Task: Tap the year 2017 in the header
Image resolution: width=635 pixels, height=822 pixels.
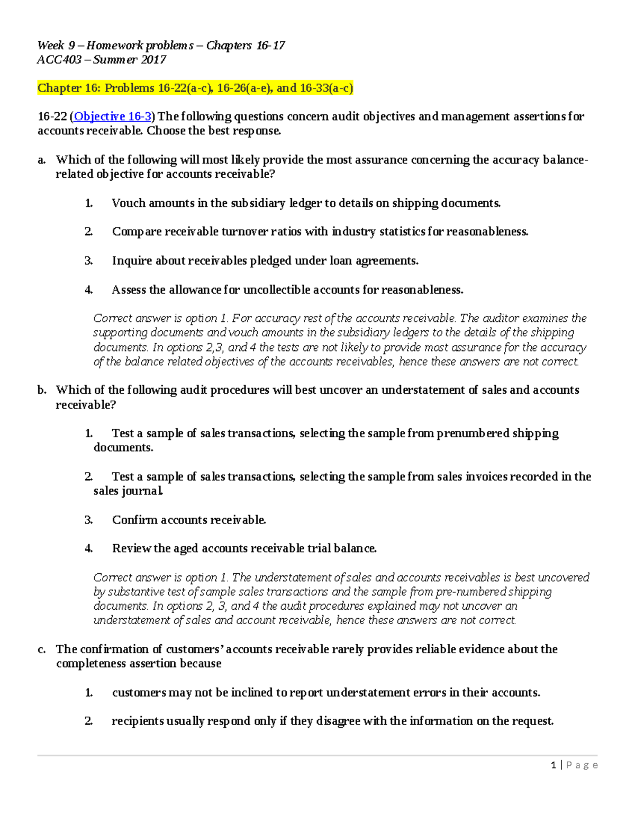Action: [153, 60]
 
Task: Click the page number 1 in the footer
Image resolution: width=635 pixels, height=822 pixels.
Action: [553, 765]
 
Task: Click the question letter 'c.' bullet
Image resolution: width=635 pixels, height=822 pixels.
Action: [42, 649]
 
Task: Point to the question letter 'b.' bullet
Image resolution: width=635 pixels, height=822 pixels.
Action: [42, 391]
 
